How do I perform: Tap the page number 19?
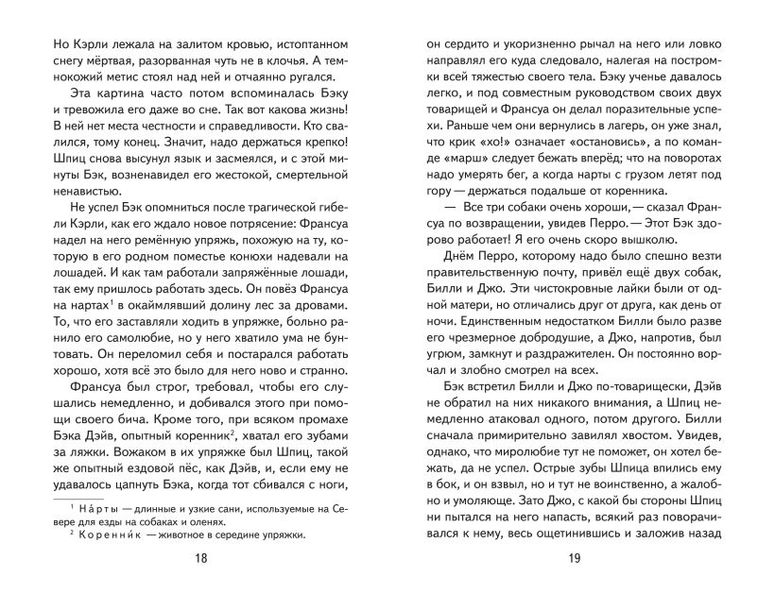pos(574,558)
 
